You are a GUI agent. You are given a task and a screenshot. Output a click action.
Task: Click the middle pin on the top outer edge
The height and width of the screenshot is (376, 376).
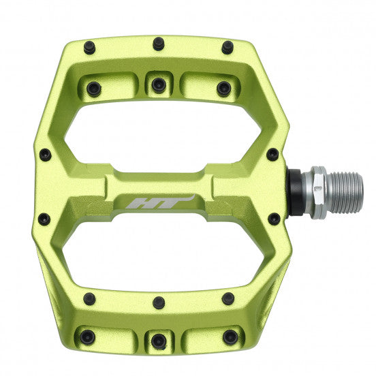pos(159,44)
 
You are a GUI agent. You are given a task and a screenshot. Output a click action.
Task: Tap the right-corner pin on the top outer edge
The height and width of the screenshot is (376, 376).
pos(227,47)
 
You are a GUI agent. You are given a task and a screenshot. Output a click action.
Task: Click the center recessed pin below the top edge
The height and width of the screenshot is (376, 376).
pos(159,85)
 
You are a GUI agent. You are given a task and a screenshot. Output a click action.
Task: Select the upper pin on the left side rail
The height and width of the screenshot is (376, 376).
pos(45,155)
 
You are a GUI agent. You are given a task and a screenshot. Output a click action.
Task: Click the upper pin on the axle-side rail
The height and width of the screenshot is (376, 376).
pos(272,154)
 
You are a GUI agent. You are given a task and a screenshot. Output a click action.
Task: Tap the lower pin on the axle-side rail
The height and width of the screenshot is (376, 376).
pos(274,219)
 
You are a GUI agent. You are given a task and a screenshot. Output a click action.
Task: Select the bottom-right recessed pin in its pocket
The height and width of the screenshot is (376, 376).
pos(230,336)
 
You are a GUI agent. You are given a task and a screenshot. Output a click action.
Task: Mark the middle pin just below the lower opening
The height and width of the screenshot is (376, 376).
pos(159,301)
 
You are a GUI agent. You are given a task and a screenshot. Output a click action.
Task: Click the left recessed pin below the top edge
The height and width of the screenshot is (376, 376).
pos(93,89)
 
